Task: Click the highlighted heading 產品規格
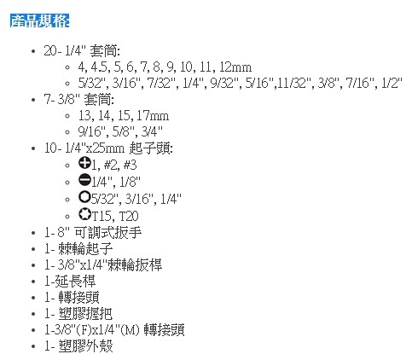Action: [x=39, y=20]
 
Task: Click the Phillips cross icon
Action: [x=84, y=163]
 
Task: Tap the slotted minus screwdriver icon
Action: [x=84, y=180]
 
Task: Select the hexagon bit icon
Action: [x=84, y=197]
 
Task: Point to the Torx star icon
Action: [x=84, y=214]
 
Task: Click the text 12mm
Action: [x=235, y=67]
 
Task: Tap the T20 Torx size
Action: [x=129, y=216]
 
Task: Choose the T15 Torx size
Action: [x=102, y=216]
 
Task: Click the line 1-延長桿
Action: [x=70, y=282]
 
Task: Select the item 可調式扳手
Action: [x=107, y=232]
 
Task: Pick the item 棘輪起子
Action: [x=85, y=249]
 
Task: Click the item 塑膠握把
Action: [x=85, y=314]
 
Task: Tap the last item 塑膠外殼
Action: [x=85, y=345]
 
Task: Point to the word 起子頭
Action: [x=150, y=148]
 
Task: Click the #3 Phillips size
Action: [x=131, y=165]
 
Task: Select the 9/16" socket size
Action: [x=94, y=131]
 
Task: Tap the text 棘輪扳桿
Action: [x=135, y=264]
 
